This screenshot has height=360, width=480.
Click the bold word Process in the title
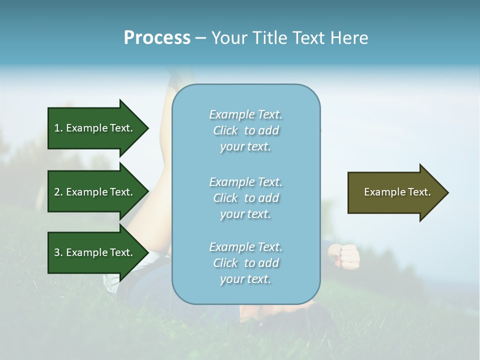coord(157,38)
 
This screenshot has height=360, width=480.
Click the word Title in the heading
coord(270,38)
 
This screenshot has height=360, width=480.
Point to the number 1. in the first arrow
coord(58,128)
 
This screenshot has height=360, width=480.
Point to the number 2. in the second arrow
coord(58,192)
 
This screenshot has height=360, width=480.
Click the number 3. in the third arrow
coord(58,252)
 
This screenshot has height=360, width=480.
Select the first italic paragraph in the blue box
coord(245,130)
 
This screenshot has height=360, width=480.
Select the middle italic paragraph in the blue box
coord(245,198)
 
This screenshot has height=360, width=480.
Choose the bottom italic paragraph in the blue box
coord(245,263)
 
